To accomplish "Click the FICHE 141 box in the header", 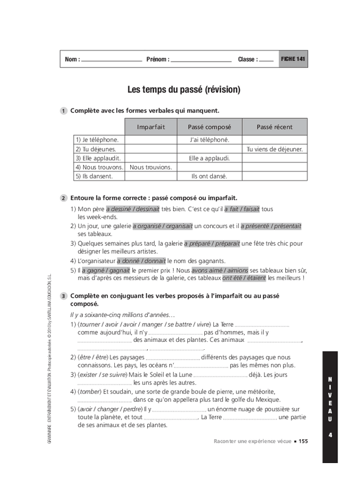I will click(293, 59).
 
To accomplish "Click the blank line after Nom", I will click(112, 60).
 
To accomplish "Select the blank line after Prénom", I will click(201, 60).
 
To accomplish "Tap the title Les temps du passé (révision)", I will click(183, 89).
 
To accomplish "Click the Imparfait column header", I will click(151, 127).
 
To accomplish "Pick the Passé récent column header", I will click(275, 127).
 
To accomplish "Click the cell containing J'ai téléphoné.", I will click(209, 140).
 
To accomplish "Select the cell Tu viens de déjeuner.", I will click(275, 149).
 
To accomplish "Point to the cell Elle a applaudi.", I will click(209, 158).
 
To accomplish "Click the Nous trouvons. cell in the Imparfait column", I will click(151, 168).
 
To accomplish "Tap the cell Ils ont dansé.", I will click(209, 177).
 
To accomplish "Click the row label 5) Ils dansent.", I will click(94, 177).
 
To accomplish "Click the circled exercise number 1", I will click(64, 110).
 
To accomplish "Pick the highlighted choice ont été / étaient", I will click(245, 278).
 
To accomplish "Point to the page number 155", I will click(303, 442).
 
